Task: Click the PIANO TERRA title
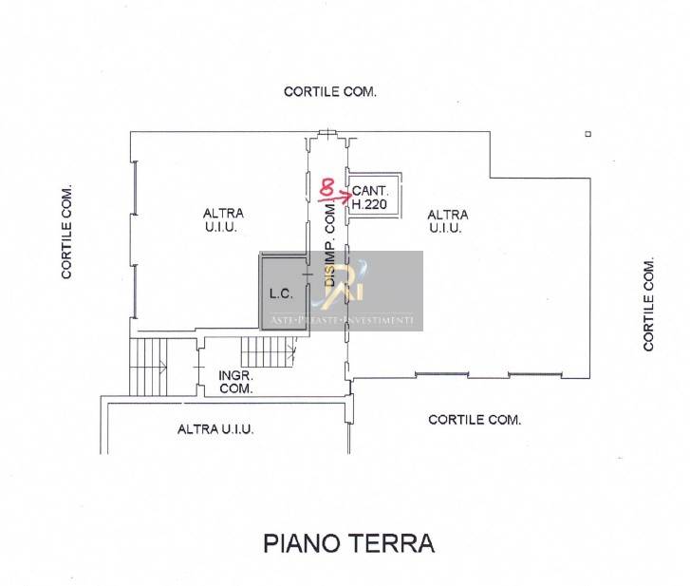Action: (349, 543)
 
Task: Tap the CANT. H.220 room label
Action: (370, 198)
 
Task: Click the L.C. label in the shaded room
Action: (281, 293)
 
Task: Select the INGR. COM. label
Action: (236, 382)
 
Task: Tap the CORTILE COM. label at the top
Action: (330, 92)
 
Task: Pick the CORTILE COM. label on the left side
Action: (66, 232)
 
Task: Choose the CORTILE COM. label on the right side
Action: (648, 304)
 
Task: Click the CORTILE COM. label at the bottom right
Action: (475, 420)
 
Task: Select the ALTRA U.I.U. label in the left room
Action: (223, 220)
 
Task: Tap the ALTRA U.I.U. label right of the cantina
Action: (448, 221)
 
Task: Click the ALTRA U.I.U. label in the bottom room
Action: (215, 429)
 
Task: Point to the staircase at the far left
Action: (148, 367)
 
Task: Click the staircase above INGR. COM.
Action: (269, 352)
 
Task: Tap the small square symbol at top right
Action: (588, 134)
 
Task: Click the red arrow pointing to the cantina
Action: (333, 197)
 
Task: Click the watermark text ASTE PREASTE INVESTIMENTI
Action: (342, 320)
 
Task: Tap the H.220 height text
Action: (369, 204)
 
